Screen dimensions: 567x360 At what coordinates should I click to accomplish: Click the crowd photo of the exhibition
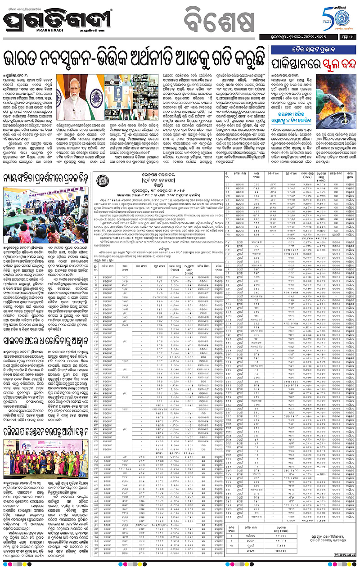coord(47,202)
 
